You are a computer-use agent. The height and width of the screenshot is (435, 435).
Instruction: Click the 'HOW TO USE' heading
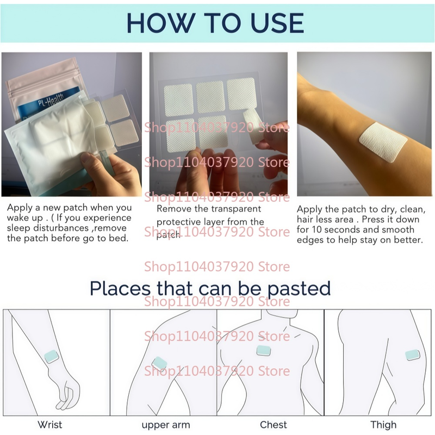(x=215, y=23)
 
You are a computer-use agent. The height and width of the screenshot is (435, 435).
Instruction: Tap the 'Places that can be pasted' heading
(x=210, y=288)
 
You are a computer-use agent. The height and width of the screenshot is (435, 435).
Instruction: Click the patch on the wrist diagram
(x=52, y=356)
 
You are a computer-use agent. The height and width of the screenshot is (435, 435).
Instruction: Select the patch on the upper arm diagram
(x=159, y=363)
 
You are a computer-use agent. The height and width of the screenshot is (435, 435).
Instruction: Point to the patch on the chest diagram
(x=264, y=351)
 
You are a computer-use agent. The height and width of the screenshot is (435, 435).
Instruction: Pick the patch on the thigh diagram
(x=413, y=355)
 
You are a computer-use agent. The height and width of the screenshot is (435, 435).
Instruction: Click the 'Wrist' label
(x=50, y=425)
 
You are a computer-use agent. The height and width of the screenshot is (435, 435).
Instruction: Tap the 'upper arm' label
(x=166, y=425)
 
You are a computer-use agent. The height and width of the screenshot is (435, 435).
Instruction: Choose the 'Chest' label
(x=274, y=425)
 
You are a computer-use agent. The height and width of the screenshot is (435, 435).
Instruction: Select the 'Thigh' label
(x=383, y=425)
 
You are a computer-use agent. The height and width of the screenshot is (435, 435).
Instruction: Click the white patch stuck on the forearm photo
(x=383, y=142)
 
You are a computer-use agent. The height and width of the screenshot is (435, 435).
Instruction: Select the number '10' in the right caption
(x=317, y=229)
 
